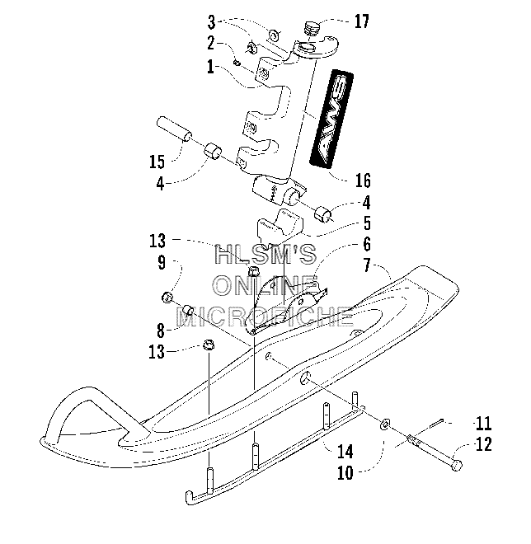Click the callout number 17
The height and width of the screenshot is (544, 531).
tap(362, 21)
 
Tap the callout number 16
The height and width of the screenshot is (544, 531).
tap(363, 181)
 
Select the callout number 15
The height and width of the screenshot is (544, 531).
tap(157, 162)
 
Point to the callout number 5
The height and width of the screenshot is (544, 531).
tap(367, 223)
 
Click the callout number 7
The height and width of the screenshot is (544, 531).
tap(367, 266)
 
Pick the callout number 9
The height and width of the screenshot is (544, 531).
tap(162, 263)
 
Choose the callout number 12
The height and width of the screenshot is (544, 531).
tap(484, 444)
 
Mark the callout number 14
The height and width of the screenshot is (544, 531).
tap(345, 452)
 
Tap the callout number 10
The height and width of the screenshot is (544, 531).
tap(345, 472)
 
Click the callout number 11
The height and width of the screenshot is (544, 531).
tap(483, 424)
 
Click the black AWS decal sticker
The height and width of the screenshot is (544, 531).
tap(331, 119)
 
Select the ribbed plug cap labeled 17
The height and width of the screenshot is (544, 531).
tap(311, 28)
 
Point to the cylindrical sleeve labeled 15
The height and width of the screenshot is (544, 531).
tap(174, 129)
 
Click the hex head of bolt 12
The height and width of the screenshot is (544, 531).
tap(457, 465)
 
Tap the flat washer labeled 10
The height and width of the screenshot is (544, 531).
tap(385, 424)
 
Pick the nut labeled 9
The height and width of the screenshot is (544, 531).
tap(168, 297)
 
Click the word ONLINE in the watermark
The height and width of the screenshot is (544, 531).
tap(265, 286)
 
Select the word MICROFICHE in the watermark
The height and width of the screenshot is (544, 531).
tap(265, 317)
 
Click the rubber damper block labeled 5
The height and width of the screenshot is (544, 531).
tap(280, 226)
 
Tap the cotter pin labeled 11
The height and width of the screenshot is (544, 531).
tap(437, 424)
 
